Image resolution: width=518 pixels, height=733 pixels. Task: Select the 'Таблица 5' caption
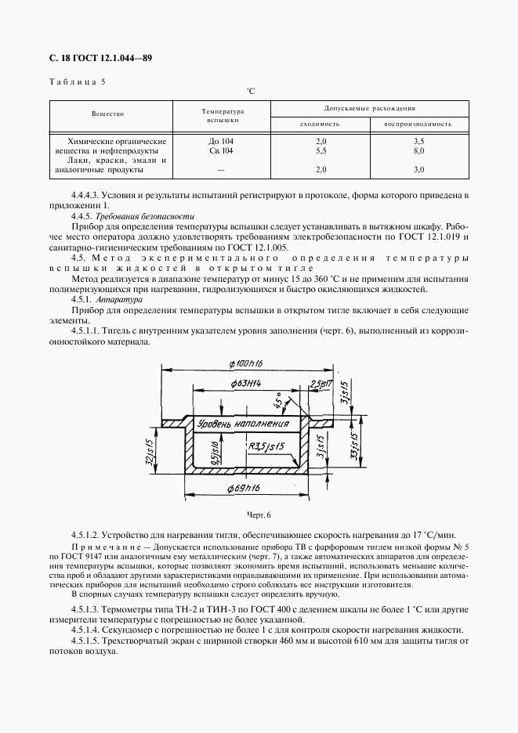click(77, 81)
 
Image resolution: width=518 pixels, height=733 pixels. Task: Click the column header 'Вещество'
click(108, 114)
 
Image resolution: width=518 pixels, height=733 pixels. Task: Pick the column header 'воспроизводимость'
click(418, 124)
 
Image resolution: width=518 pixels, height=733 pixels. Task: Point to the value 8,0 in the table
click(418, 150)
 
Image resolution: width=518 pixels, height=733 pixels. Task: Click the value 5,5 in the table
click(320, 150)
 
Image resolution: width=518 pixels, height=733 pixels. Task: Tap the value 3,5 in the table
click(418, 141)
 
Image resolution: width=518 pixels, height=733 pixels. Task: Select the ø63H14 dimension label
click(250, 382)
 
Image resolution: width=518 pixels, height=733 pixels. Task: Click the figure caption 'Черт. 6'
click(258, 515)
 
